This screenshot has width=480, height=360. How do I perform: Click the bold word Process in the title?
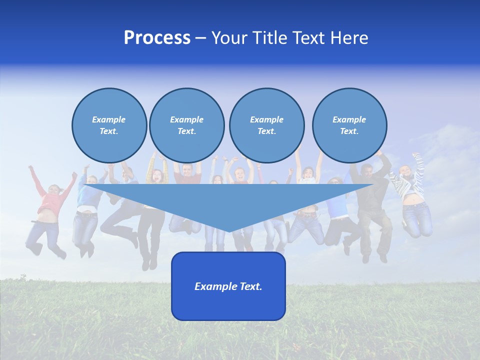tap(157, 38)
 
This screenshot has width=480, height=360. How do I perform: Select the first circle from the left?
tap(109, 125)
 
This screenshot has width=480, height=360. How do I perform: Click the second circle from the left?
tap(186, 125)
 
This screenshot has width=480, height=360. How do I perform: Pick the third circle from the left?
tap(266, 125)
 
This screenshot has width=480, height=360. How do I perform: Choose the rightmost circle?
tap(349, 125)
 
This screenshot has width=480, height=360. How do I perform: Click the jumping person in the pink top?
tap(50, 200)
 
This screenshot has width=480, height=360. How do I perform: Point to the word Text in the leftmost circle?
tap(108, 131)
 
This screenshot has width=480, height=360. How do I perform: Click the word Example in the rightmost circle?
tap(349, 119)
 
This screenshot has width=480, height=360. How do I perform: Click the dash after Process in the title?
tap(200, 38)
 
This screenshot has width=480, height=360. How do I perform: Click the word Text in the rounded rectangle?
tap(250, 286)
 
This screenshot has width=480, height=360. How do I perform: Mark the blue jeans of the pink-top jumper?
tap(42, 235)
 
